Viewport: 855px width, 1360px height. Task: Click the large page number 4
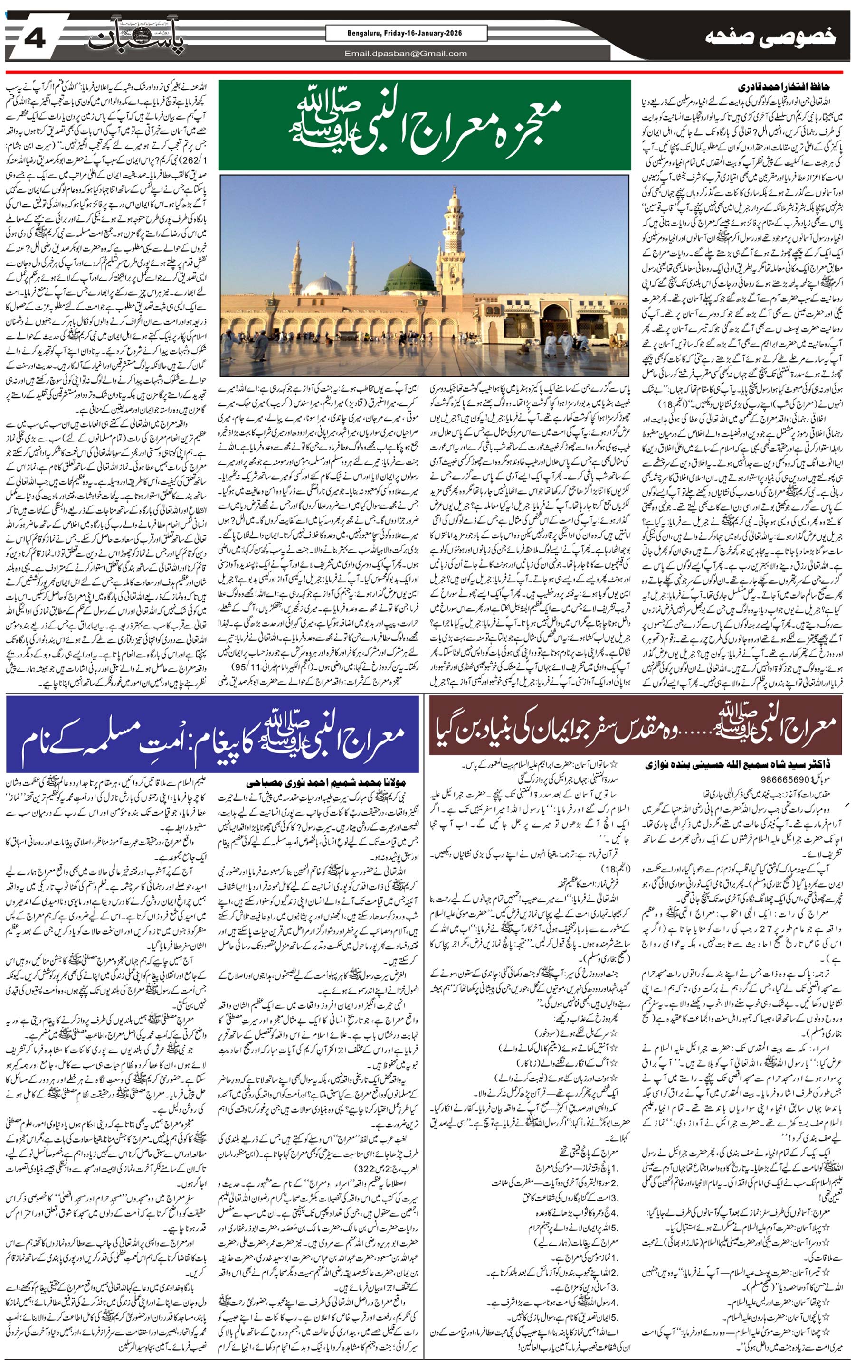pyautogui.click(x=35, y=39)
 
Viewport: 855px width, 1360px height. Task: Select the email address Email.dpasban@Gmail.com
pyautogui.click(x=405, y=54)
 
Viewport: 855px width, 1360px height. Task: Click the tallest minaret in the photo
pyautogui.click(x=453, y=237)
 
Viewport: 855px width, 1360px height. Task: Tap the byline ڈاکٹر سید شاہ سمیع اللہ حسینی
pyautogui.click(x=751, y=765)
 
